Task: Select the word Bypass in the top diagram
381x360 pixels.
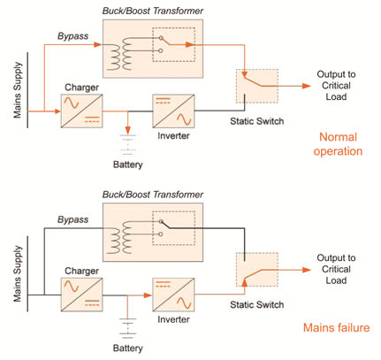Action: click(73, 35)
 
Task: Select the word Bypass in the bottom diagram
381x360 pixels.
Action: click(73, 218)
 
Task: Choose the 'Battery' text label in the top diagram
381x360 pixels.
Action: click(128, 165)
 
